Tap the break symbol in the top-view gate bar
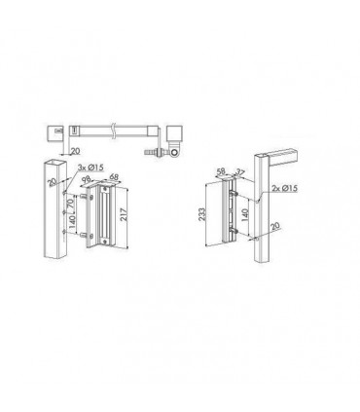116,130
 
